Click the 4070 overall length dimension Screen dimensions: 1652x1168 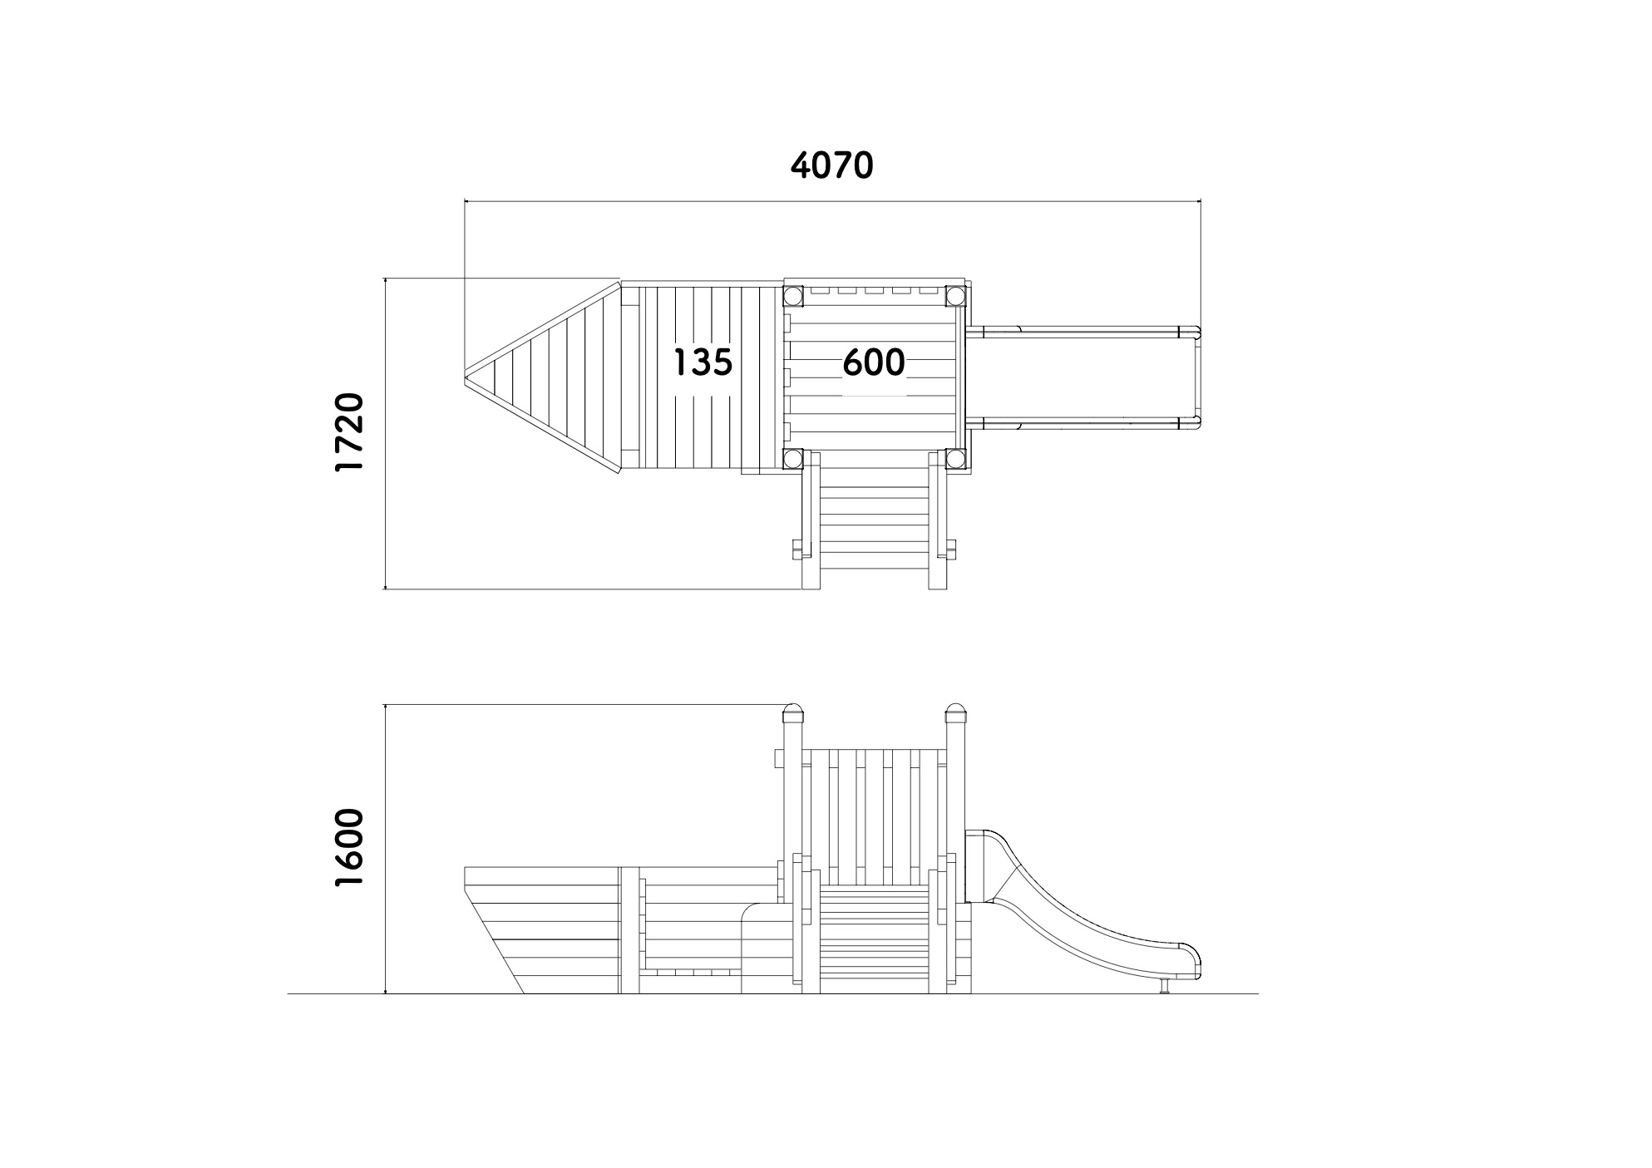pyautogui.click(x=831, y=165)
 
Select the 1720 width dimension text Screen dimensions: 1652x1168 pyautogui.click(x=349, y=432)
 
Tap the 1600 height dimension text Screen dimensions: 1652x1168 pyautogui.click(x=349, y=847)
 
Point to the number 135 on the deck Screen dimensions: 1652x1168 pyautogui.click(x=703, y=362)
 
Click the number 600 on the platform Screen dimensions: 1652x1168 pyautogui.click(x=874, y=362)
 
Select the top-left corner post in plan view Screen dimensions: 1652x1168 pyautogui.click(x=792, y=295)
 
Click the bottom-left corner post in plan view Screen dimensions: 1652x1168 pyautogui.click(x=792, y=459)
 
